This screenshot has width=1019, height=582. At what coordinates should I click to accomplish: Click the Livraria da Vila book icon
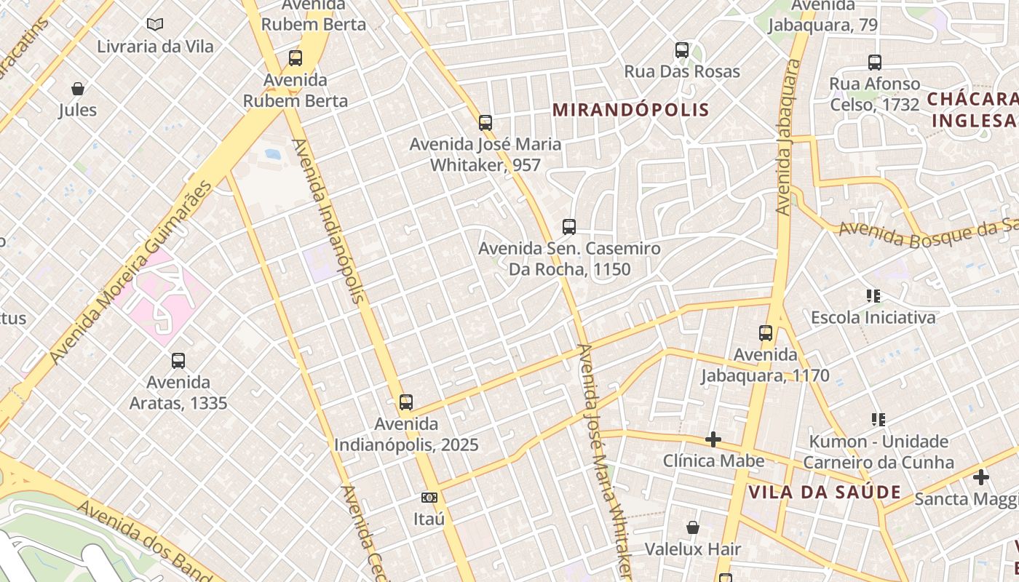[x=154, y=25]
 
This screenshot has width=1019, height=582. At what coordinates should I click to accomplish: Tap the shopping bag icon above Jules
[x=78, y=89]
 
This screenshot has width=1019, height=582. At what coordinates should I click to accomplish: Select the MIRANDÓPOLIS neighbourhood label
[x=630, y=110]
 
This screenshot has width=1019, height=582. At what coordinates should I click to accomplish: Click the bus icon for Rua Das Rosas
[x=682, y=50]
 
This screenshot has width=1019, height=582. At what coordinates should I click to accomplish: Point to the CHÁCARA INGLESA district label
[x=974, y=110]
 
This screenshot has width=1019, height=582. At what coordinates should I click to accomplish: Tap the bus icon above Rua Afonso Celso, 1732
[x=875, y=63]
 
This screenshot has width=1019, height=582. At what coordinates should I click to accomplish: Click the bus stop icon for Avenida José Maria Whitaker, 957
[x=485, y=123]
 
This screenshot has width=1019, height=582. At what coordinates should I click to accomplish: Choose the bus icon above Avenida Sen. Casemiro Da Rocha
[x=569, y=227]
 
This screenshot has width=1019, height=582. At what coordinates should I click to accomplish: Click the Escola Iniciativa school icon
[x=873, y=296]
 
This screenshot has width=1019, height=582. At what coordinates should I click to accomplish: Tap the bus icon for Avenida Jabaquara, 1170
[x=766, y=333]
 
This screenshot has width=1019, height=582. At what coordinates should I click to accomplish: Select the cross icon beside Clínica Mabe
[x=713, y=439]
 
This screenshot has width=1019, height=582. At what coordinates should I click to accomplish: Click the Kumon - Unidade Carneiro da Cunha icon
[x=879, y=420]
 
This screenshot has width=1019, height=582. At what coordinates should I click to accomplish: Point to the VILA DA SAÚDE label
[x=825, y=492]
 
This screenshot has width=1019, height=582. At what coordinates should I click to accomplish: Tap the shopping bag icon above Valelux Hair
[x=693, y=527]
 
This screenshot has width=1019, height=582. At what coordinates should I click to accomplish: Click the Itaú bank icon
[x=429, y=498]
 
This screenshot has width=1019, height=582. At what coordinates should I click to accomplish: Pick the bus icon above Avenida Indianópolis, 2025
[x=406, y=402]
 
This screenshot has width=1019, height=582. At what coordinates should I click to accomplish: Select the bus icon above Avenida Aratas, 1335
[x=178, y=360]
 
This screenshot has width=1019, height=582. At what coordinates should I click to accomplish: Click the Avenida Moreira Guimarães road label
[x=131, y=273]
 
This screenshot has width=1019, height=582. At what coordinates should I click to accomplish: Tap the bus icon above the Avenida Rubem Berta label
[x=296, y=58]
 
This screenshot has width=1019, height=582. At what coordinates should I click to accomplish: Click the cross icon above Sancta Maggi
[x=981, y=477]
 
